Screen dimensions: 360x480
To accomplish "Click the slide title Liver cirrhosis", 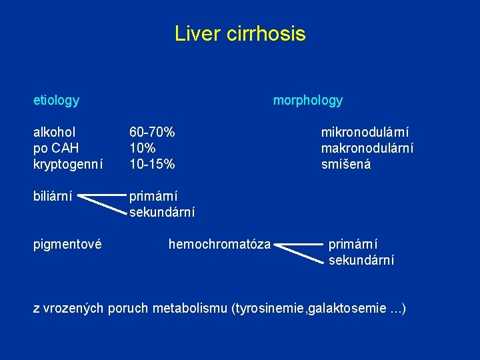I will [x=240, y=33].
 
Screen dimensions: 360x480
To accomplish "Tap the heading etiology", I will [x=56, y=101].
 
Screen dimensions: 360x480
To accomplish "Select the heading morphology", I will [x=307, y=101].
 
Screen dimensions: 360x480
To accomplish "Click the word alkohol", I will [x=54, y=132].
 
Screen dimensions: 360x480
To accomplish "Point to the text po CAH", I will [x=56, y=147].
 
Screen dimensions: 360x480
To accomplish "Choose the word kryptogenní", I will [x=68, y=163].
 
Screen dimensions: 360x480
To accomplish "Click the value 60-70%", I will [x=152, y=132].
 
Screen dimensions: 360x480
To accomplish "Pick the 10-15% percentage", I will [x=152, y=163].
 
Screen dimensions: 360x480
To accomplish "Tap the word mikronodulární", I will [x=365, y=132].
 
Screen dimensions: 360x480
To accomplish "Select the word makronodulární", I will [x=367, y=147].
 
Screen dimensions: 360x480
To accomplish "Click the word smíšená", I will [x=345, y=163].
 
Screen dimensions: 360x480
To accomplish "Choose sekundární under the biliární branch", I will [x=161, y=212].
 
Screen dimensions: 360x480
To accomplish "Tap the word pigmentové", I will [x=67, y=244].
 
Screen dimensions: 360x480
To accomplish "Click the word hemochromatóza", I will [x=219, y=244].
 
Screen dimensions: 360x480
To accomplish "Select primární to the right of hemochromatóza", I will [x=353, y=244].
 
